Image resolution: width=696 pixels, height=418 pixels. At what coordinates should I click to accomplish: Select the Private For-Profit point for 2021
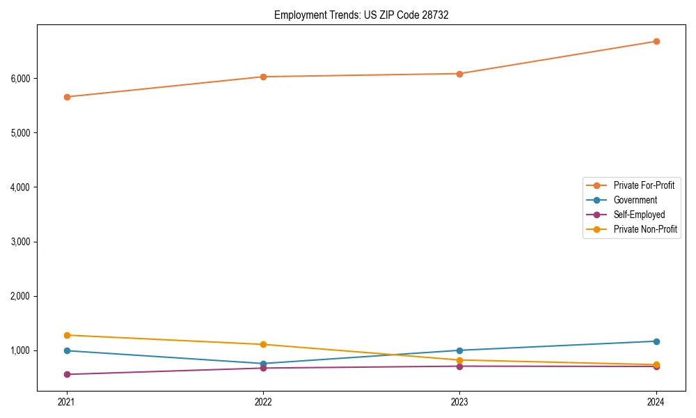[x=67, y=97]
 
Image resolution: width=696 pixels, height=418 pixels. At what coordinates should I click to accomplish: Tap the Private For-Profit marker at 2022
[x=263, y=77]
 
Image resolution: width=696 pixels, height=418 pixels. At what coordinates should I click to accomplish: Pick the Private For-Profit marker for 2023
[x=459, y=74]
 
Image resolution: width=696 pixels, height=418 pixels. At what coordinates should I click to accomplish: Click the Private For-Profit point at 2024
[x=656, y=41]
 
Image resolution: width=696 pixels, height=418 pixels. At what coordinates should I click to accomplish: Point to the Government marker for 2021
[x=67, y=350]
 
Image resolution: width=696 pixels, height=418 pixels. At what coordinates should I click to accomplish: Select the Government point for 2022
[x=263, y=364]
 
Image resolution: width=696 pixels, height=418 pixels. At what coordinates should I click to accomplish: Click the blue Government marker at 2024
[x=656, y=341]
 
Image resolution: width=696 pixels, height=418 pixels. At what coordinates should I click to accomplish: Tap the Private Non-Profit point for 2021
[x=67, y=335]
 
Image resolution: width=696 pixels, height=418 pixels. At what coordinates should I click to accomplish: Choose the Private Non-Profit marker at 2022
[x=263, y=344]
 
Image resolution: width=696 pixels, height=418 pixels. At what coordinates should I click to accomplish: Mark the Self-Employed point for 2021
[x=67, y=374]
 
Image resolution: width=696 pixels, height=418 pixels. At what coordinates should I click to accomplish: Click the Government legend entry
[x=635, y=200]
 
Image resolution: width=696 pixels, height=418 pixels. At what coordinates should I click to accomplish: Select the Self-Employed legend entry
[x=639, y=215]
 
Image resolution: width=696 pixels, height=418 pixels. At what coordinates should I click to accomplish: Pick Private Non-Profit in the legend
[x=645, y=229]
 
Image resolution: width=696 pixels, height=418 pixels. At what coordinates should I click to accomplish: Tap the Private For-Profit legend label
[x=644, y=185]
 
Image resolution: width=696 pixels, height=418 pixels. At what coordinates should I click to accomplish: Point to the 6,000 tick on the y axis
[x=21, y=78]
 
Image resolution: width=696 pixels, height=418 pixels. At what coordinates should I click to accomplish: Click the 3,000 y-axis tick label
[x=21, y=242]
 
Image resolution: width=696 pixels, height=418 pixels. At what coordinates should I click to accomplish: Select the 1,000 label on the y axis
[x=21, y=350]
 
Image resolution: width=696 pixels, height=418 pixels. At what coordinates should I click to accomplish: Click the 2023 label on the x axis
[x=459, y=402]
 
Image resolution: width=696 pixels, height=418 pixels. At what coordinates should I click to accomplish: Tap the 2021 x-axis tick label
[x=67, y=402]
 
